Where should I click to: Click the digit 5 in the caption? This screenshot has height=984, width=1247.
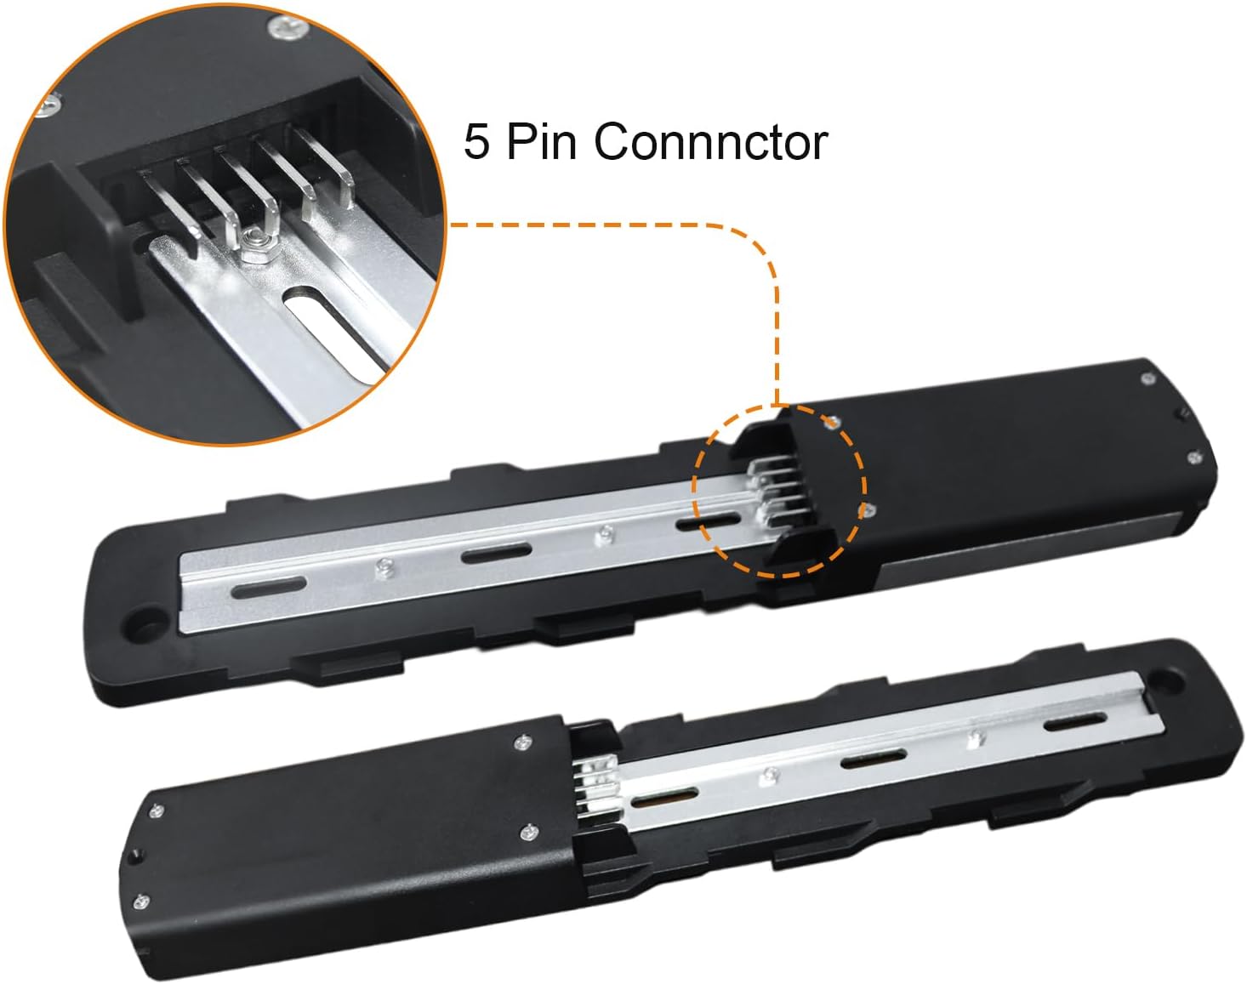click(476, 142)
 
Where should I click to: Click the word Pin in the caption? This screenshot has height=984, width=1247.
click(542, 141)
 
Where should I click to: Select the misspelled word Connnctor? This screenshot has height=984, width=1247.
click(711, 142)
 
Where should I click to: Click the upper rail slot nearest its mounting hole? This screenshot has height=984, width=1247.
click(269, 589)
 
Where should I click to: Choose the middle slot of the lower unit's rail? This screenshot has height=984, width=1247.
click(874, 759)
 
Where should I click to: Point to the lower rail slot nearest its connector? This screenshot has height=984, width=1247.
click(664, 799)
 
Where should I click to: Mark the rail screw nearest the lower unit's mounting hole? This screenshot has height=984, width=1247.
click(977, 737)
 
